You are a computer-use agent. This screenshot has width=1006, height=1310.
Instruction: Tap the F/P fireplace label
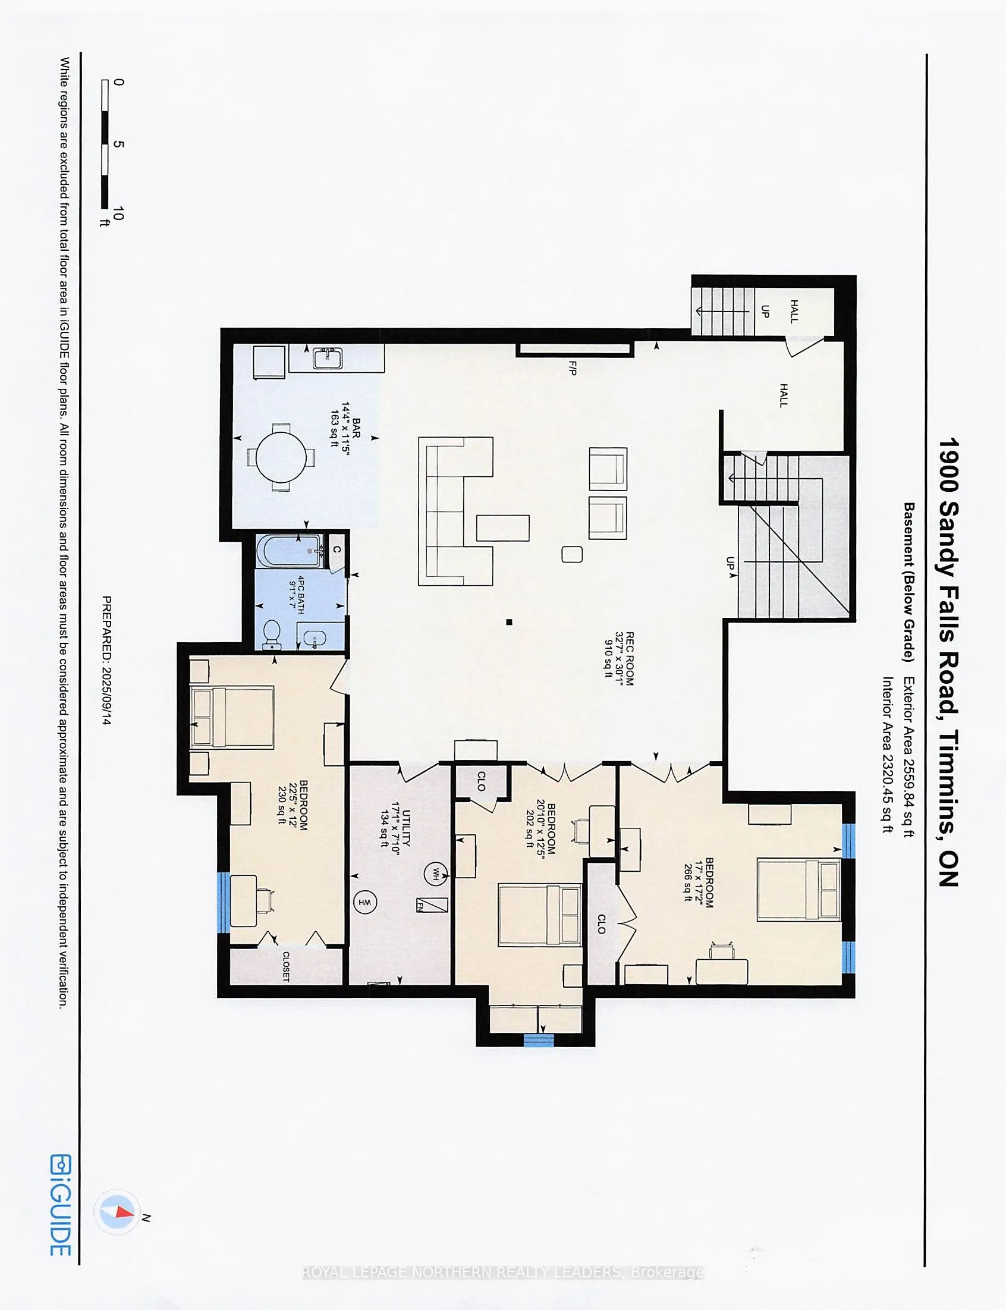point(572,367)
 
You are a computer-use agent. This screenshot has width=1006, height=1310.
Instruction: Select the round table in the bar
point(281,457)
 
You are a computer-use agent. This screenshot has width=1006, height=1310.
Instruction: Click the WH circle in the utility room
point(435,873)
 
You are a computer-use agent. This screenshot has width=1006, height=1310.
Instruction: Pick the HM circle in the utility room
point(364,902)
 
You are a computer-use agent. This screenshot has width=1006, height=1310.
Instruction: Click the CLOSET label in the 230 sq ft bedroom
point(285,966)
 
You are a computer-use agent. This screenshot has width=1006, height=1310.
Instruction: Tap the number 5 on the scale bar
point(118,145)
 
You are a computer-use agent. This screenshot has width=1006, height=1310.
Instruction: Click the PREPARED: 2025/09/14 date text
point(106,661)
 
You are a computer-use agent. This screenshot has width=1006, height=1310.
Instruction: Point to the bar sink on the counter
point(327,358)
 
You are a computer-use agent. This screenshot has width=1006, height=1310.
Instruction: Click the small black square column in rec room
point(509,622)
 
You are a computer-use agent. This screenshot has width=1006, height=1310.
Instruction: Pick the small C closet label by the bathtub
point(337,549)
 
